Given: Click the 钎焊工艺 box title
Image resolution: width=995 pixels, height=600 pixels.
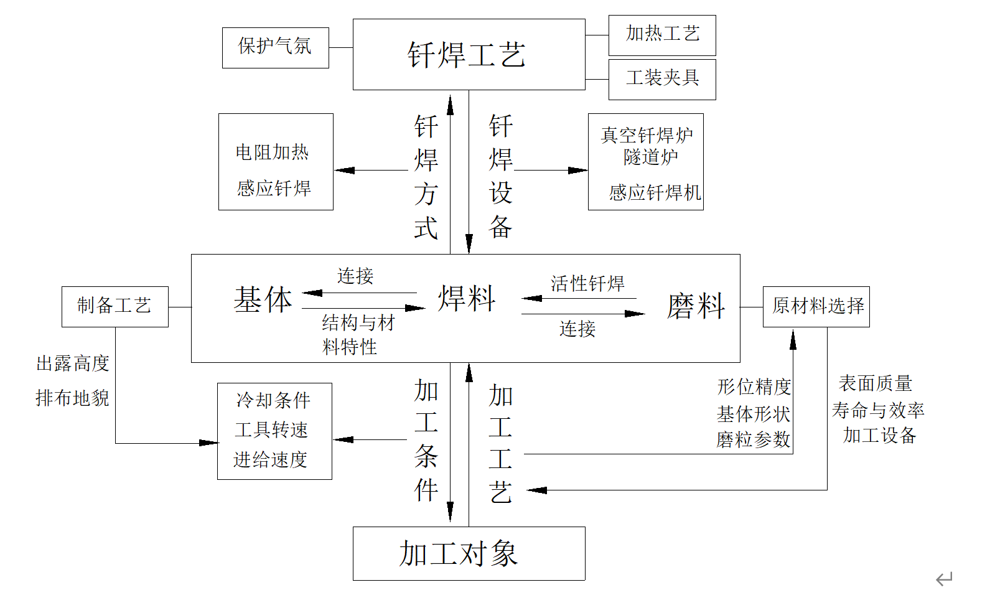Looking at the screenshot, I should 467,55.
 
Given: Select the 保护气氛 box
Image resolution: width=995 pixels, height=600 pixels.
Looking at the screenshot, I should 275,47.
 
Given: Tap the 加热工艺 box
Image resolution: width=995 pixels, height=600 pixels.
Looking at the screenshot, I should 662,34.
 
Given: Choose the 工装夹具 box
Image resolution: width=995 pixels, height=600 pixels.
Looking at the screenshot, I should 662,78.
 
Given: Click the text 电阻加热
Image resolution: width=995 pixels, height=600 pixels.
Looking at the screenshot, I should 272,152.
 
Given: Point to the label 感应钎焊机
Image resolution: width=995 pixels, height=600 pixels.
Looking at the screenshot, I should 655,193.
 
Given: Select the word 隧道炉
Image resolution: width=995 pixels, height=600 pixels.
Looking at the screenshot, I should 650,157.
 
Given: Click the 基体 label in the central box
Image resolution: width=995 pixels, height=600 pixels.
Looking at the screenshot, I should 263,301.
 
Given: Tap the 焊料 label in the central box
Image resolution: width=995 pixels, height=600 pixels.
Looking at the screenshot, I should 466,299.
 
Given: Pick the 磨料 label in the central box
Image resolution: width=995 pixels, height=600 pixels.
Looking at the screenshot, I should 696,306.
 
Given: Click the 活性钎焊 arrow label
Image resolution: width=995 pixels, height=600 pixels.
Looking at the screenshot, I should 587,284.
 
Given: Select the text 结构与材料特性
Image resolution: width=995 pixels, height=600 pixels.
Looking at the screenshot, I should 357,335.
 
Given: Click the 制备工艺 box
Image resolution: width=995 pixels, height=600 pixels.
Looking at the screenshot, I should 114,306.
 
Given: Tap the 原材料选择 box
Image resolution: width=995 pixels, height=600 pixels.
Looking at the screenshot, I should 816,306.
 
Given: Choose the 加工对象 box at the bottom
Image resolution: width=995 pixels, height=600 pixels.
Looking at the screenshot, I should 459,553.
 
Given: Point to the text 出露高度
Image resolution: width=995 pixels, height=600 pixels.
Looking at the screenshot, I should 73,363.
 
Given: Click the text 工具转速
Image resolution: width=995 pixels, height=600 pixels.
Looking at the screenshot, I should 271,430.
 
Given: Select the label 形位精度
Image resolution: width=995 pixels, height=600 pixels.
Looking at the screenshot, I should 754,387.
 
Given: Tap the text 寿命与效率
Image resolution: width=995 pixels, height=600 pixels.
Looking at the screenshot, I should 877,411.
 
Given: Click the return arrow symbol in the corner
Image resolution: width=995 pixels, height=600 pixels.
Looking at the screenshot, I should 944,579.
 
